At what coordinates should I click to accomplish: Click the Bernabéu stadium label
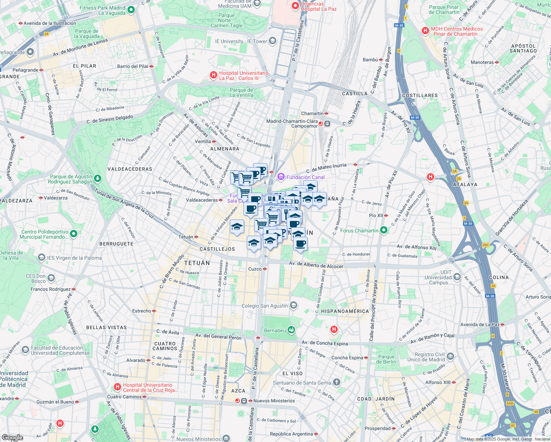pyautogui.click(x=275, y=330)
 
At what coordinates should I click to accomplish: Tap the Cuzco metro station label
pyautogui.click(x=255, y=269)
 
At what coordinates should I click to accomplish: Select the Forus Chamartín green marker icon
pyautogui.click(x=384, y=231)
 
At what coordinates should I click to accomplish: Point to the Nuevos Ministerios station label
pyautogui.click(x=274, y=401)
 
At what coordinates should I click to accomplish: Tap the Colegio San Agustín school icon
pyautogui.click(x=294, y=305)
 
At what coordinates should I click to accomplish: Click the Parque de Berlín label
pyautogui.click(x=386, y=359)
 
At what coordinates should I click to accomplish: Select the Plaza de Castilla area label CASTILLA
pyautogui.click(x=355, y=94)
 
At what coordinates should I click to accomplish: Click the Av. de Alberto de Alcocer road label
pyautogui.click(x=316, y=265)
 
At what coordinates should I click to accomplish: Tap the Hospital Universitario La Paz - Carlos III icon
pyautogui.click(x=213, y=75)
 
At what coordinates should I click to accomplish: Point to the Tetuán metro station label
pyautogui.click(x=186, y=237)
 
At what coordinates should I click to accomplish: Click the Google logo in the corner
pyautogui.click(x=12, y=438)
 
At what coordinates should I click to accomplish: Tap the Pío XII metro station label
pyautogui.click(x=376, y=215)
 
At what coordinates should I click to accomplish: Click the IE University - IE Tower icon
pyautogui.click(x=273, y=41)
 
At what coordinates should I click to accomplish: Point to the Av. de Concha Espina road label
pyautogui.click(x=324, y=343)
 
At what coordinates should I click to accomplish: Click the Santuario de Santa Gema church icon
pyautogui.click(x=336, y=382)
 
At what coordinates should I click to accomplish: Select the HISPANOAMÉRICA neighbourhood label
pyautogui.click(x=345, y=311)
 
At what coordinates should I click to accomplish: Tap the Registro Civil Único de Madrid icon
pyautogui.click(x=450, y=357)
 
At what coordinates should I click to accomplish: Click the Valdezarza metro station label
pyautogui.click(x=56, y=198)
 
